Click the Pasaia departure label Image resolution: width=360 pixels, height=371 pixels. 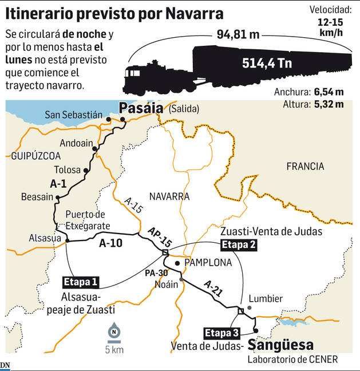coord(139,108)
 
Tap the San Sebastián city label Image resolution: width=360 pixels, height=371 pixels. coord(74,116)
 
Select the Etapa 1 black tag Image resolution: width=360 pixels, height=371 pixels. coord(81,282)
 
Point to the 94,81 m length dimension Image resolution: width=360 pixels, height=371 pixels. coord(238,34)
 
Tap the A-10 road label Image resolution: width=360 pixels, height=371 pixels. coord(112,243)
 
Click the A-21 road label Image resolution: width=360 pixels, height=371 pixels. coord(212,287)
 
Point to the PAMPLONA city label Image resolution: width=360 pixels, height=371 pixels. coord(208,263)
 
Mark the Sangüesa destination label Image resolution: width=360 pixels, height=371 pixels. coord(281,345)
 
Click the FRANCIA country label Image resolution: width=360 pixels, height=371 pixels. coord(305,167)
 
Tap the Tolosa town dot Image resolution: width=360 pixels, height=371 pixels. coord(86,170)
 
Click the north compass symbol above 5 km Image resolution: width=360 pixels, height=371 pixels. coord(115,331)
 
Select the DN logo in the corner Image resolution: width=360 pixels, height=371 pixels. coord(5,365)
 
